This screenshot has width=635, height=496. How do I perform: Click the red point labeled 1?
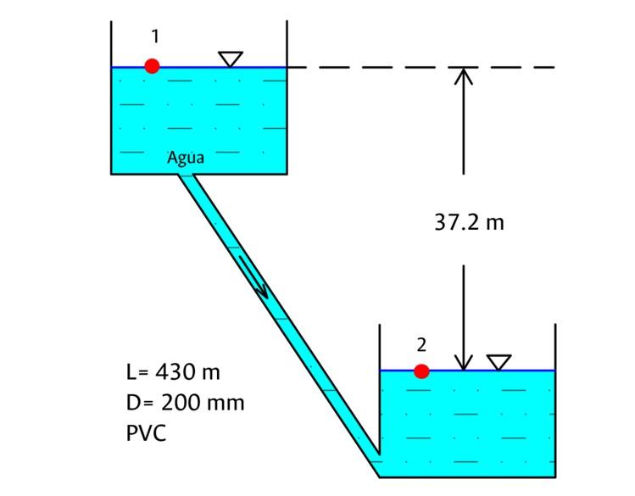click(152, 66)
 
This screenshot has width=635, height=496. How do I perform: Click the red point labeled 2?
click(421, 371)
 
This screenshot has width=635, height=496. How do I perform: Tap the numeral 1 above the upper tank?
click(155, 36)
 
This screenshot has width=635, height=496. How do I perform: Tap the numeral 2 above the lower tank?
click(421, 344)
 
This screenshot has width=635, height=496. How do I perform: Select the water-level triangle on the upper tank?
click(230, 59)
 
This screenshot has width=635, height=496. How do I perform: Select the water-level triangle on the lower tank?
click(499, 362)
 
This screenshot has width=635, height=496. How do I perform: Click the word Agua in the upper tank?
click(186, 157)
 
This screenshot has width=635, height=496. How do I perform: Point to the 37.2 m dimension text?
click(469, 223)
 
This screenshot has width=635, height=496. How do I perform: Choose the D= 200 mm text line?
click(185, 403)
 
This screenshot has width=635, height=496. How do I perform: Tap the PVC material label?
click(146, 432)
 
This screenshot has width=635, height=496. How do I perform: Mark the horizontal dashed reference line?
click(424, 67)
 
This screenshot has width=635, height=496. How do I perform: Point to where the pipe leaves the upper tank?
click(186, 176)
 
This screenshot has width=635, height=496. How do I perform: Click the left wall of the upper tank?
click(112, 102)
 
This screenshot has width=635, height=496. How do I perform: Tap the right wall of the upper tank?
click(287, 102)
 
